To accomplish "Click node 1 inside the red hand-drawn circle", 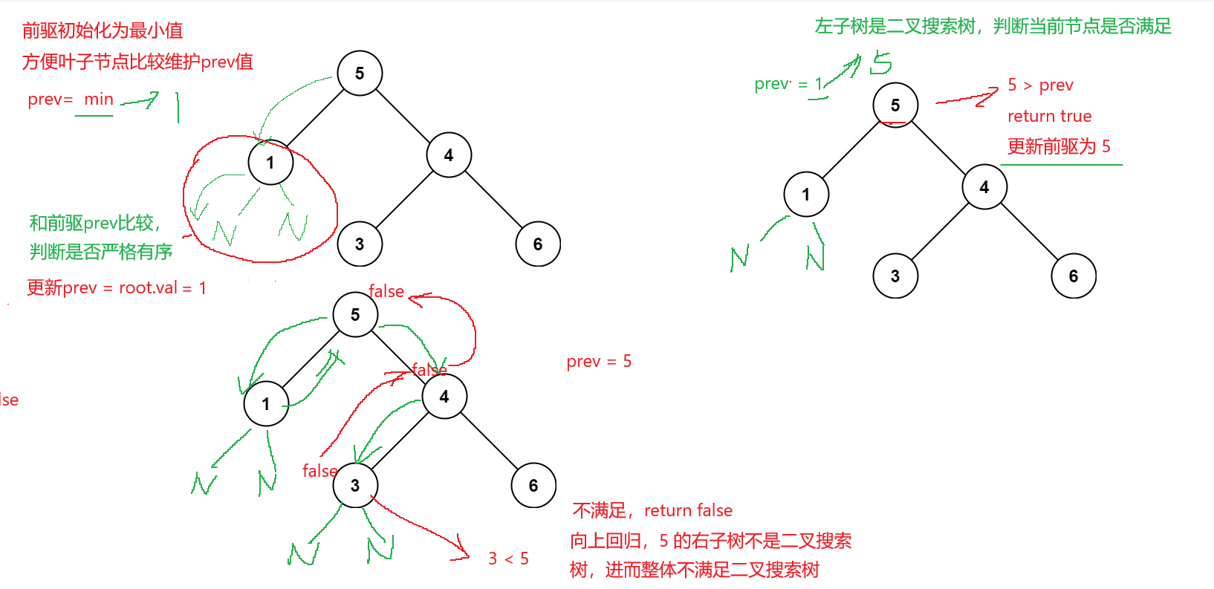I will (x=270, y=163).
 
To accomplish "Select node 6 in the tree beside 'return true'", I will (x=1073, y=276).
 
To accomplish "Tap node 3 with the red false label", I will (x=355, y=486).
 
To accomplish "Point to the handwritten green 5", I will (x=881, y=63).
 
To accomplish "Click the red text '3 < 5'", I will (x=508, y=559).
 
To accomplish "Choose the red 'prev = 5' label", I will (x=599, y=362).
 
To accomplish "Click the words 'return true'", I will (x=1049, y=117).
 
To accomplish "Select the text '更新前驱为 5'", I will (x=1059, y=146).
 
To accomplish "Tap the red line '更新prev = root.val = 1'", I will (x=117, y=288).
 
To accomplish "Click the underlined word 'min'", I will (x=98, y=100).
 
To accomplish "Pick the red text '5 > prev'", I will (x=1040, y=85).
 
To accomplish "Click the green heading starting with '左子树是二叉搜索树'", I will (x=993, y=27).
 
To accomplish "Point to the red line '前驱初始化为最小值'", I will (x=103, y=30).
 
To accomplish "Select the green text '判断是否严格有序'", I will (x=101, y=252).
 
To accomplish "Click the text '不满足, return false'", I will (x=652, y=510).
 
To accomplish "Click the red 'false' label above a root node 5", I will (x=386, y=292).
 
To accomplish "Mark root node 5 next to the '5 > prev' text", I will (x=895, y=105).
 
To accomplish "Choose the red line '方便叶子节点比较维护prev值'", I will (x=137, y=62).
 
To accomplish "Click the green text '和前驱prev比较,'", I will (x=95, y=223).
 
